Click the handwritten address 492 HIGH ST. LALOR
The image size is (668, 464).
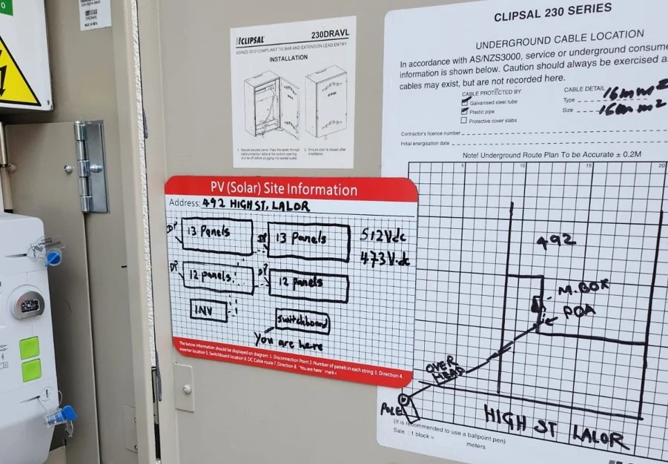click(255, 205)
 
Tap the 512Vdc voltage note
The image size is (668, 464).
click(383, 235)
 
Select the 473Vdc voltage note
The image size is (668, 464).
click(386, 259)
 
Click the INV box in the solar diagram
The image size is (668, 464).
click(208, 311)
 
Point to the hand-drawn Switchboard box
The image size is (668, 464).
click(302, 321)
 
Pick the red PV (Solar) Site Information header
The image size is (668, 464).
click(291, 188)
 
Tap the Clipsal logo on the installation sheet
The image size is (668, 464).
click(252, 40)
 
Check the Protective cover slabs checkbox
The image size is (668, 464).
click(464, 121)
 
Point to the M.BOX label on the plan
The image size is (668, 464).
click(573, 291)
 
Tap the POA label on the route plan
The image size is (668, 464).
click(579, 311)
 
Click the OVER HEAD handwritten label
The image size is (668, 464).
click(443, 370)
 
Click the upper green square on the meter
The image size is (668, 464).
click(30, 347)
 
